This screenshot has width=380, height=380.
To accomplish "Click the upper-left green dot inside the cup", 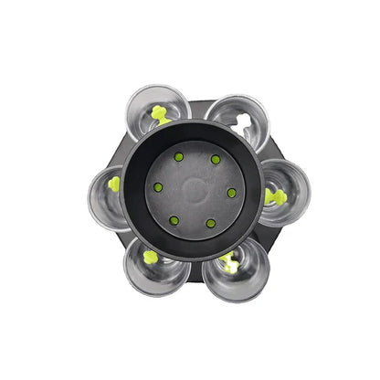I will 178,157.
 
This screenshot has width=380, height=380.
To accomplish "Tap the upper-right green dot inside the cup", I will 216,160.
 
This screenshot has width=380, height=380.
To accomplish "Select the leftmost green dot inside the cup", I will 158,187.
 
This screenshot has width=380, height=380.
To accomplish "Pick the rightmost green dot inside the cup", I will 231,193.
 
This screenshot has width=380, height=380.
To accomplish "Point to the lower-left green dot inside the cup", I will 174,220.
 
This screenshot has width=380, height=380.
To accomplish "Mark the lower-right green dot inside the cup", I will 210,223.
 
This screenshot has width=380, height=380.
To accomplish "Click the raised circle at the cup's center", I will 195,190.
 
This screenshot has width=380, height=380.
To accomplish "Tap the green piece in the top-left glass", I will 161,114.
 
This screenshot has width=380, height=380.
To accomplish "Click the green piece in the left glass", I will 114,184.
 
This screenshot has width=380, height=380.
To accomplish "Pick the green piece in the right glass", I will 274,195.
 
